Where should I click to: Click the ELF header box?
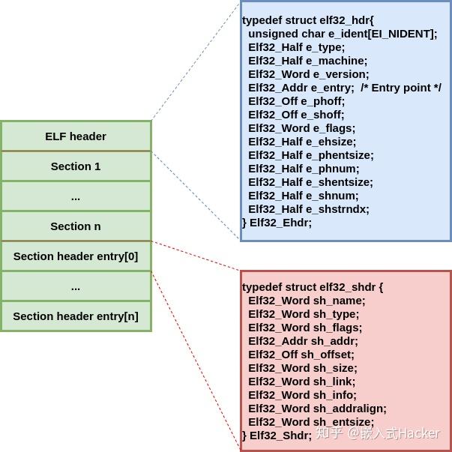[x=76, y=136]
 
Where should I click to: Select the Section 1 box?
[x=76, y=166]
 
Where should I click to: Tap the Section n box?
[x=76, y=226]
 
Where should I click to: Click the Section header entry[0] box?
[x=76, y=256]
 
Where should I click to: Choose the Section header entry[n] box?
[x=76, y=316]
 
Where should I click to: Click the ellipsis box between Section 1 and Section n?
[x=76, y=196]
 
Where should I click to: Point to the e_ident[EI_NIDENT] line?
[x=342, y=34]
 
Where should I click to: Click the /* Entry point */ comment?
[x=400, y=88]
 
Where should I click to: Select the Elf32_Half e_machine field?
[x=307, y=61]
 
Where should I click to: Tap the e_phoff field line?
[x=296, y=101]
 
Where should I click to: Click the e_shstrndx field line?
[x=308, y=209]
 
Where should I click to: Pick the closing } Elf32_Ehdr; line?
[x=277, y=223]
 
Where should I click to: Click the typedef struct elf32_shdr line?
[x=313, y=287]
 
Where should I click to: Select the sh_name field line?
[x=307, y=301]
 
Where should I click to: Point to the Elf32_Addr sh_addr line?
[x=303, y=341]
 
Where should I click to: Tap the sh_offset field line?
[x=301, y=355]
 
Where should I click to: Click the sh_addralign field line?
[x=317, y=409]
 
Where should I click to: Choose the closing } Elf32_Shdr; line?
[x=277, y=436]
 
